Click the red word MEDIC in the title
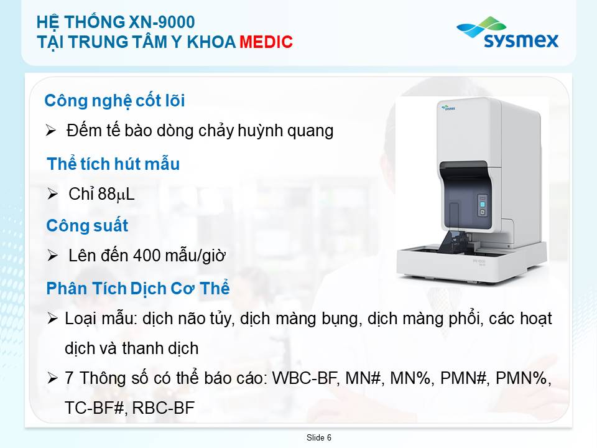pyautogui.click(x=266, y=42)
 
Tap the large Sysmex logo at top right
pyautogui.click(x=507, y=33)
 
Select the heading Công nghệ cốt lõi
pyautogui.click(x=114, y=101)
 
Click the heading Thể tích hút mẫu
pyautogui.click(x=113, y=164)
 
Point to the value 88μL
pyautogui.click(x=116, y=194)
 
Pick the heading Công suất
pyautogui.click(x=87, y=225)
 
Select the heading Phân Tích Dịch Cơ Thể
pyautogui.click(x=138, y=288)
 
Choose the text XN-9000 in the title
pyautogui.click(x=162, y=22)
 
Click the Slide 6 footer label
pyautogui.click(x=318, y=437)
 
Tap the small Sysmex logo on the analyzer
pyautogui.click(x=448, y=108)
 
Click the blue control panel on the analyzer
pyautogui.click(x=483, y=206)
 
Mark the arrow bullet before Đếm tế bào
pyautogui.click(x=50, y=130)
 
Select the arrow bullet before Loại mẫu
pyautogui.click(x=52, y=319)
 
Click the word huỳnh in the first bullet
pyautogui.click(x=261, y=131)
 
